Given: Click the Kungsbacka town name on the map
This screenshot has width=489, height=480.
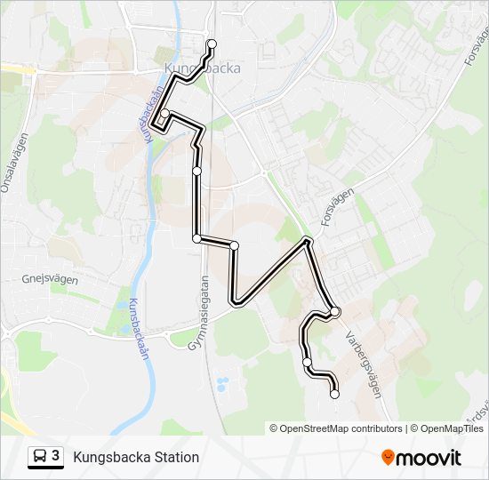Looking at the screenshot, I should pos(202,69).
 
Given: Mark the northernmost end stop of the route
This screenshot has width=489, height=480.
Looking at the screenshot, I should pos(212,44).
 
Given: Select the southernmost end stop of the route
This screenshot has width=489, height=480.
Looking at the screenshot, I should pos(334,394).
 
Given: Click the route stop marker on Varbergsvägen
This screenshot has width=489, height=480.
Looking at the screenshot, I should pos(335,311).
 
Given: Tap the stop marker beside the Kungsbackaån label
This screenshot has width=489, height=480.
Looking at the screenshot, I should pos(164,114).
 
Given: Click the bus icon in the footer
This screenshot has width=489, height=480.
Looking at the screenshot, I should pos(41,457).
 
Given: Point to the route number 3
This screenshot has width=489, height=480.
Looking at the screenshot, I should pos(56,456).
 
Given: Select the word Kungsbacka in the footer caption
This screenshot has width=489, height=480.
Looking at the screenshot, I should pos(109,458).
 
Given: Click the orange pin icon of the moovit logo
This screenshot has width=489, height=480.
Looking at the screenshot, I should pos(388,458).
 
